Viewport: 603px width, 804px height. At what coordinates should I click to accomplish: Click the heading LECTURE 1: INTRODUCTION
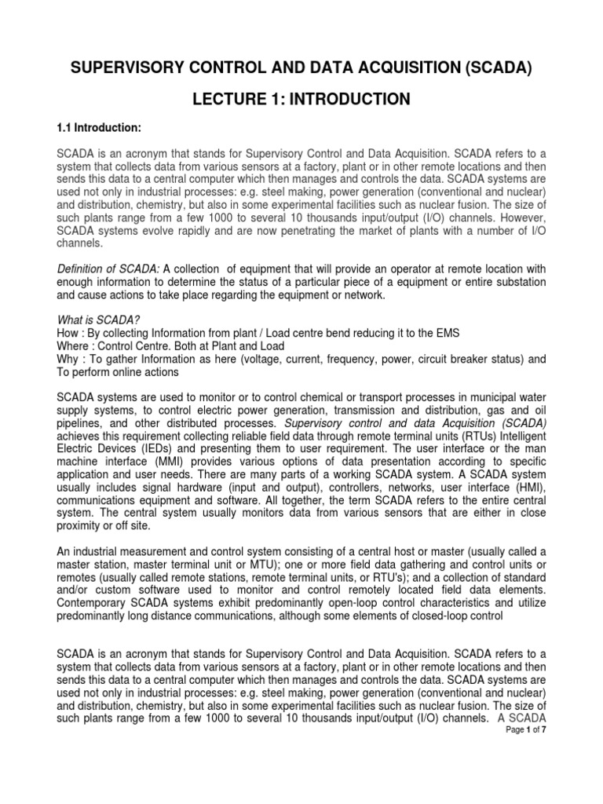tap(301, 99)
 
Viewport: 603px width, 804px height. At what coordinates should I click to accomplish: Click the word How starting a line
tap(70, 334)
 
